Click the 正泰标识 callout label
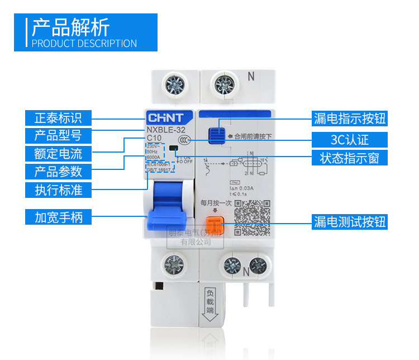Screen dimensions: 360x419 58,118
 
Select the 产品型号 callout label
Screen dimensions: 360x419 58,135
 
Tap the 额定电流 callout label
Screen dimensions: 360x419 58,153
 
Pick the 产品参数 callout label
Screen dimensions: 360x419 58,171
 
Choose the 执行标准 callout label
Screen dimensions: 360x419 58,190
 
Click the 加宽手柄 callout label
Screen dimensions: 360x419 58,217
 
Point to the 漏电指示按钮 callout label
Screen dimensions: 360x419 350,118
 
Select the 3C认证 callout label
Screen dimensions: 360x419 350,139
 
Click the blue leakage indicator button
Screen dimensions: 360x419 217,135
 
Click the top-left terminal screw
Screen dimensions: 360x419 172,86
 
